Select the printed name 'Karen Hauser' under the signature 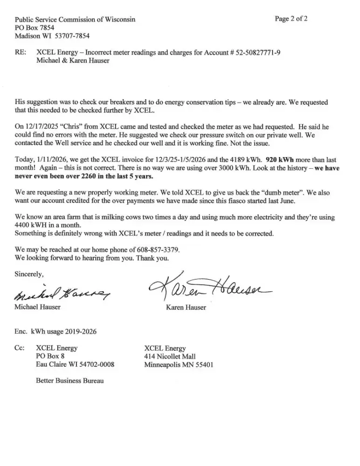[186, 308]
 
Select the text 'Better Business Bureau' [69, 381]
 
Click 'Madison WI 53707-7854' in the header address [52, 36]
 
